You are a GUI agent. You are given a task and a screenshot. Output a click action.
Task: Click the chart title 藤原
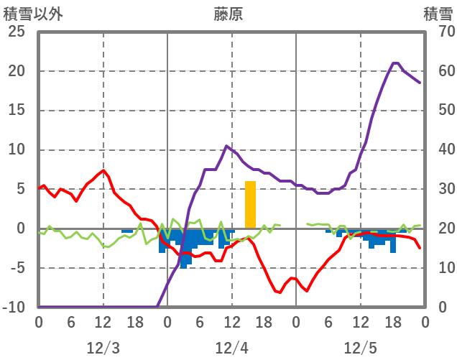click(228, 14)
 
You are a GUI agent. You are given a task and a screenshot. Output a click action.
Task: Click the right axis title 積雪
click(438, 14)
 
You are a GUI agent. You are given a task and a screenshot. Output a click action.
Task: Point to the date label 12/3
click(103, 348)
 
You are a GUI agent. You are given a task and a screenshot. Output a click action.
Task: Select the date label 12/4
click(231, 348)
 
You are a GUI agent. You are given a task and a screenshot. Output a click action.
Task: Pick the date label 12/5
click(360, 348)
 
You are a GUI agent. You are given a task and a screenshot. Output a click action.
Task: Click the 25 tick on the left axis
click(17, 32)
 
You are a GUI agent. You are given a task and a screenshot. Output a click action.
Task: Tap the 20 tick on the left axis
click(17, 72)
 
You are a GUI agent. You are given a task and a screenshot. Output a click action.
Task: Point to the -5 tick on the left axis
click(17, 268)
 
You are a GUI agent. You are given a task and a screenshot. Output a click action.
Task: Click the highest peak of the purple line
click(394, 63)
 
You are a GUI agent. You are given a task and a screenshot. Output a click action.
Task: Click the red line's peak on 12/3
click(103, 170)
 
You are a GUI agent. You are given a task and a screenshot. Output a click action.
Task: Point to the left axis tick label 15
click(17, 111)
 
